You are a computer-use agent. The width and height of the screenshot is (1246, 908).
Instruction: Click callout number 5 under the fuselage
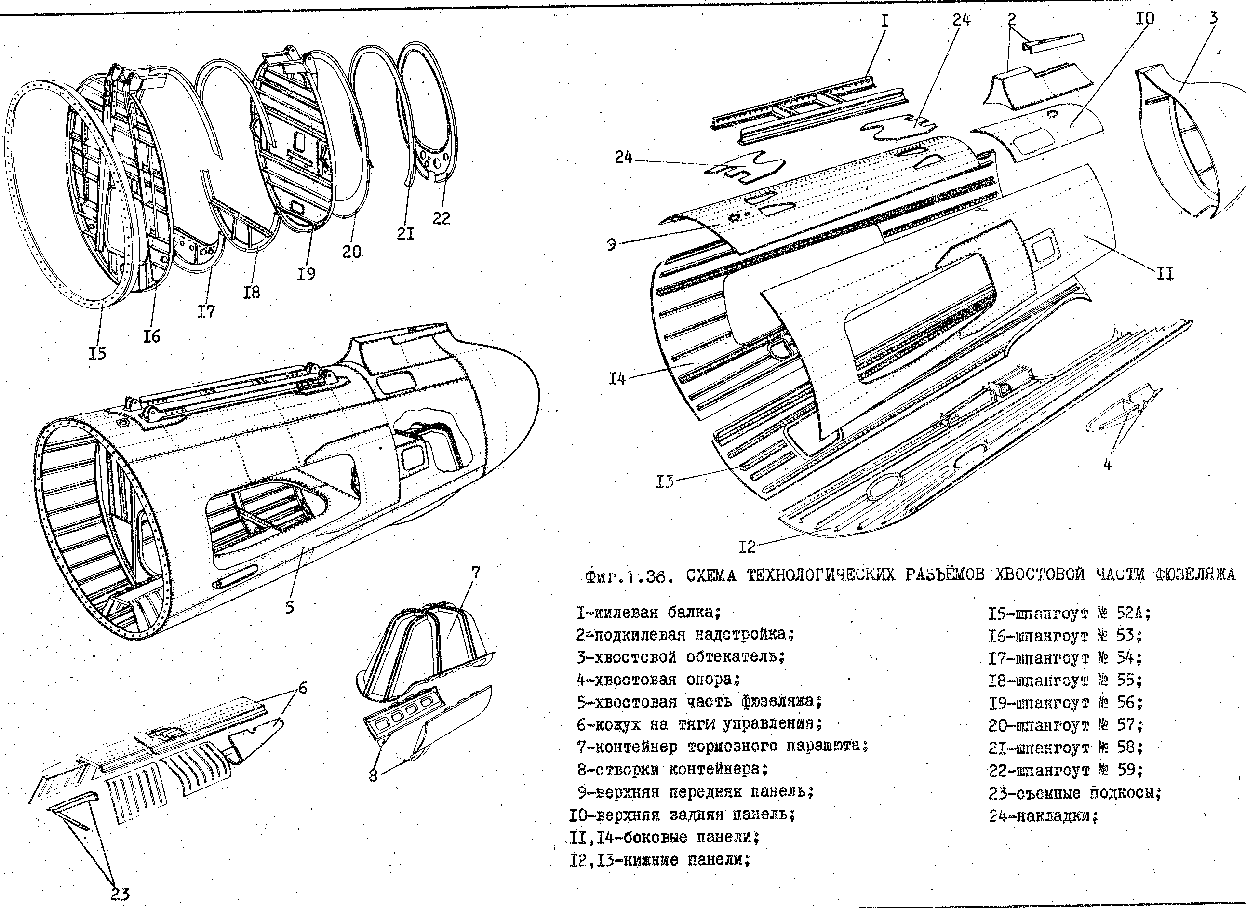click(290, 607)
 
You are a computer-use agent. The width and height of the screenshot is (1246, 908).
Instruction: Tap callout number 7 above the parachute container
click(475, 572)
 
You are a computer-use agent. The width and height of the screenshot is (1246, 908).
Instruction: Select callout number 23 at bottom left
click(120, 893)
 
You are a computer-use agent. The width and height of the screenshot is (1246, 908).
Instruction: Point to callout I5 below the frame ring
click(97, 353)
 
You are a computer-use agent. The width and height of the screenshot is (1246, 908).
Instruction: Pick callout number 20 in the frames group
click(352, 251)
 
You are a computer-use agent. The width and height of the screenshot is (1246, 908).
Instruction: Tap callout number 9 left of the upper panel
click(611, 244)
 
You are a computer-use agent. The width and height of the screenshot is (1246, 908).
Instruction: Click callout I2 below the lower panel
click(747, 547)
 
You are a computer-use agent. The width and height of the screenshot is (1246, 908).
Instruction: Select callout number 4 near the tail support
click(1108, 465)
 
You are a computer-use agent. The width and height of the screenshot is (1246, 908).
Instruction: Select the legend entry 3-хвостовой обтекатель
click(681, 657)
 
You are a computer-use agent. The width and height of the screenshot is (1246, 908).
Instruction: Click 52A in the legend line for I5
click(1133, 613)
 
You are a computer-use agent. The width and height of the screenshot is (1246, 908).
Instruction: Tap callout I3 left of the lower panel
click(665, 482)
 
